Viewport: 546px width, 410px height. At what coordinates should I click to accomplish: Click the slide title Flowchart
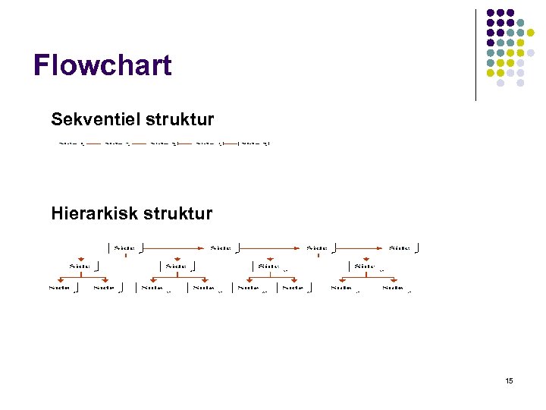[x=102, y=66]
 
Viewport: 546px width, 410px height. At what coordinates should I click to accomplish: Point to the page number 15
[x=509, y=380]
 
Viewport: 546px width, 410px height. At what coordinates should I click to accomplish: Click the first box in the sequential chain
[x=70, y=143]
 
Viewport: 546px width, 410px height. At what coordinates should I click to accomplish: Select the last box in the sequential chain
[x=255, y=143]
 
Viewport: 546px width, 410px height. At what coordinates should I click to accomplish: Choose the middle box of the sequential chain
[x=162, y=143]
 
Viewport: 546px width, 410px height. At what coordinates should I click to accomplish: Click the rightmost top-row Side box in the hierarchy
[x=403, y=248]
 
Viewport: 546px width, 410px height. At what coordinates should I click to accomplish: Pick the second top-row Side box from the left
[x=221, y=248]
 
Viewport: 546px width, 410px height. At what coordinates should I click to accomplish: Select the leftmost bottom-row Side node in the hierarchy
[x=59, y=288]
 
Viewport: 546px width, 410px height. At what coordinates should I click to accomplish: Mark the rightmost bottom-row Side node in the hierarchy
[x=394, y=288]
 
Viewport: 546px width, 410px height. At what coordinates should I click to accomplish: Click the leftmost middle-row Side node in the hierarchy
[x=80, y=266]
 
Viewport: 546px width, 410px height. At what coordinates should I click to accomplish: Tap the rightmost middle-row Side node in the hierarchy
[x=365, y=266]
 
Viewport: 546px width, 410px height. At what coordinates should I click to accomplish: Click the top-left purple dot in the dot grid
[x=490, y=13]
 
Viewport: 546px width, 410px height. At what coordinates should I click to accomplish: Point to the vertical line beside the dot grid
[x=475, y=55]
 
